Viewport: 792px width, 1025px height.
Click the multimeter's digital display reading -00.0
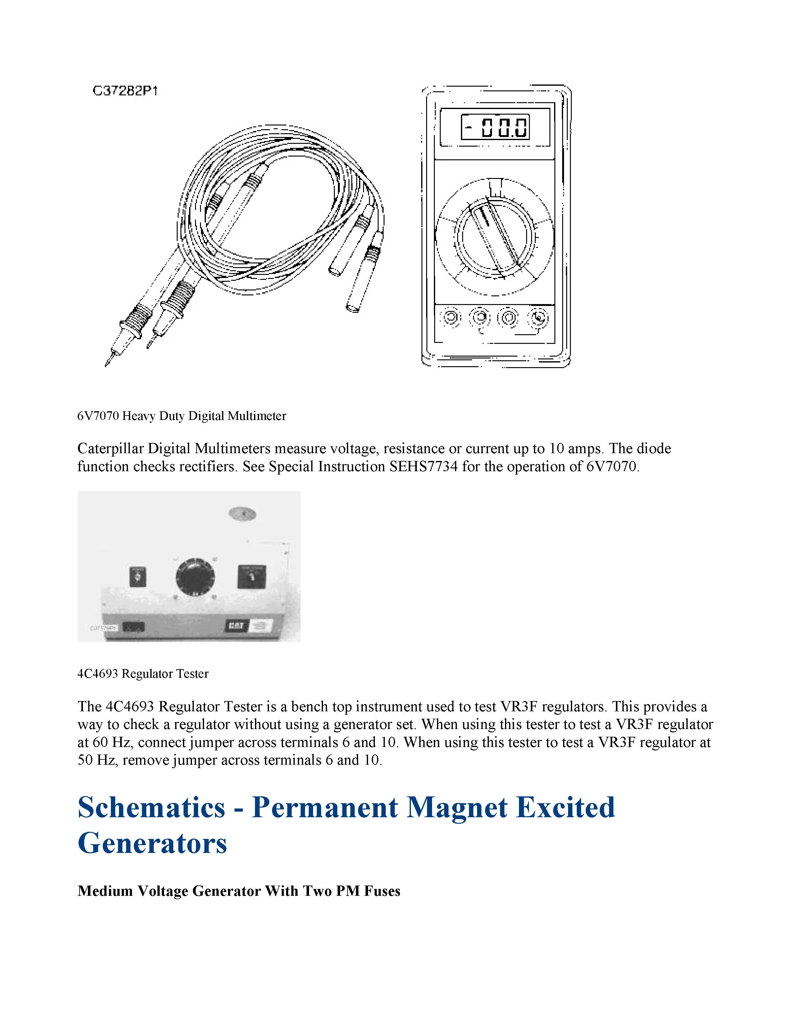(495, 127)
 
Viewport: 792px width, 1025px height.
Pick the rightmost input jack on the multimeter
(538, 318)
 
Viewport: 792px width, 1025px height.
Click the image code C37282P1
(125, 91)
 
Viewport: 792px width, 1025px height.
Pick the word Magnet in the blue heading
(457, 807)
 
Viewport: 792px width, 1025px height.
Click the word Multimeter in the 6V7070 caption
(257, 416)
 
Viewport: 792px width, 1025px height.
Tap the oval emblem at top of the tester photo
(242, 514)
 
